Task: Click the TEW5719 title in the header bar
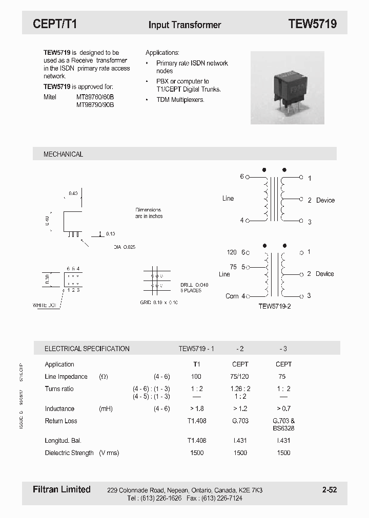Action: pos(312,24)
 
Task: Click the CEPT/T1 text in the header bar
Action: pos(55,24)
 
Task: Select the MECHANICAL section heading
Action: pos(63,154)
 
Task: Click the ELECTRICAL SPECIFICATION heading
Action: pos(87,349)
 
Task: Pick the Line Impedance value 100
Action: pos(196,377)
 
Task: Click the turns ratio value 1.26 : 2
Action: pos(240,389)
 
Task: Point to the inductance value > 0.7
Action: pos(283,408)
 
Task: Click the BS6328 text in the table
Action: pos(283,428)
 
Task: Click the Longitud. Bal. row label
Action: pos(63,440)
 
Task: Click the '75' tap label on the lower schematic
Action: pos(233,267)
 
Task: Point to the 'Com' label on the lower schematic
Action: pos(232,296)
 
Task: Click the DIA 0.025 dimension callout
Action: pos(125,247)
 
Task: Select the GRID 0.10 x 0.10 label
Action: pos(159,303)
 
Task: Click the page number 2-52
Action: pos(330,490)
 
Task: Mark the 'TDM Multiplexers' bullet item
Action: pos(180,99)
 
